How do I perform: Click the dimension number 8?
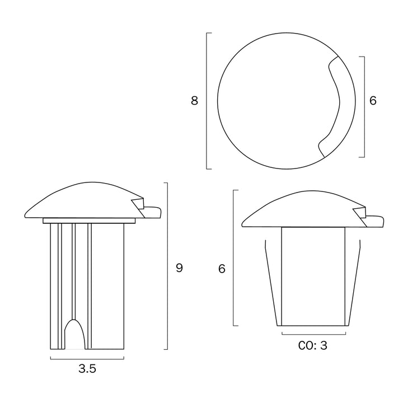[x=194, y=101]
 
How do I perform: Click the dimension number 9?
[x=179, y=268]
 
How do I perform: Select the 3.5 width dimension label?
[x=87, y=368]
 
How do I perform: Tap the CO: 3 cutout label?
[x=313, y=345]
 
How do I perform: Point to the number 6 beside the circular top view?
[x=373, y=101]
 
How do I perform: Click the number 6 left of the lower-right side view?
[x=222, y=269]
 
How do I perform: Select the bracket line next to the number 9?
[x=167, y=266]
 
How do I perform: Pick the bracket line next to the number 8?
[x=207, y=101]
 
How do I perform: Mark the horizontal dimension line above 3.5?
[x=87, y=359]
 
